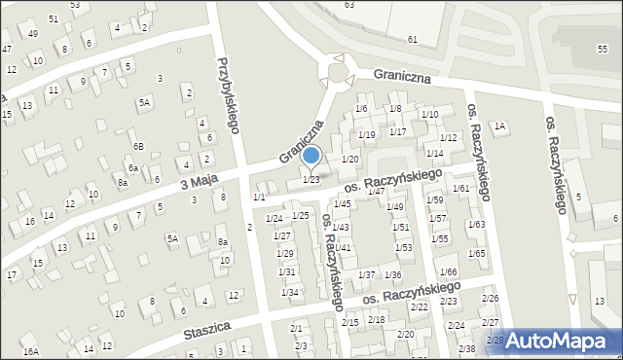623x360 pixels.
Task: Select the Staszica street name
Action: pyautogui.click(x=206, y=333)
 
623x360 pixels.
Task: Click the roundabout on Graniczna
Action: pyautogui.click(x=337, y=73)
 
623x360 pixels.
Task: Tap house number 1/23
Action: pyautogui.click(x=311, y=179)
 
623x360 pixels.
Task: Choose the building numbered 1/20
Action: pyautogui.click(x=350, y=159)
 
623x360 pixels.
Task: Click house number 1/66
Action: pyautogui.click(x=448, y=271)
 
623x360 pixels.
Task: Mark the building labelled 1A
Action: pyautogui.click(x=499, y=126)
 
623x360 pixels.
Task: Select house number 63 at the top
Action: pyautogui.click(x=349, y=5)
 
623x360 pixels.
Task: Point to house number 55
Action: pyautogui.click(x=601, y=48)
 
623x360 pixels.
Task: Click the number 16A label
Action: pyautogui.click(x=30, y=351)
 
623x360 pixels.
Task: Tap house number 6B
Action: pyautogui.click(x=138, y=146)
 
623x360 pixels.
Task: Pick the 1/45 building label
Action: pyautogui.click(x=342, y=203)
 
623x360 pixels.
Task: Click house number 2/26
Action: pyautogui.click(x=490, y=298)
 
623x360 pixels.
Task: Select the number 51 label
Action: pyautogui.click(x=52, y=18)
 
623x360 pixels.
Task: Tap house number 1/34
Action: pyautogui.click(x=289, y=292)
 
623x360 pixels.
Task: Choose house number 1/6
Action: pyautogui.click(x=361, y=108)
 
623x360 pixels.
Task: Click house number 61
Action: pyautogui.click(x=413, y=39)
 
